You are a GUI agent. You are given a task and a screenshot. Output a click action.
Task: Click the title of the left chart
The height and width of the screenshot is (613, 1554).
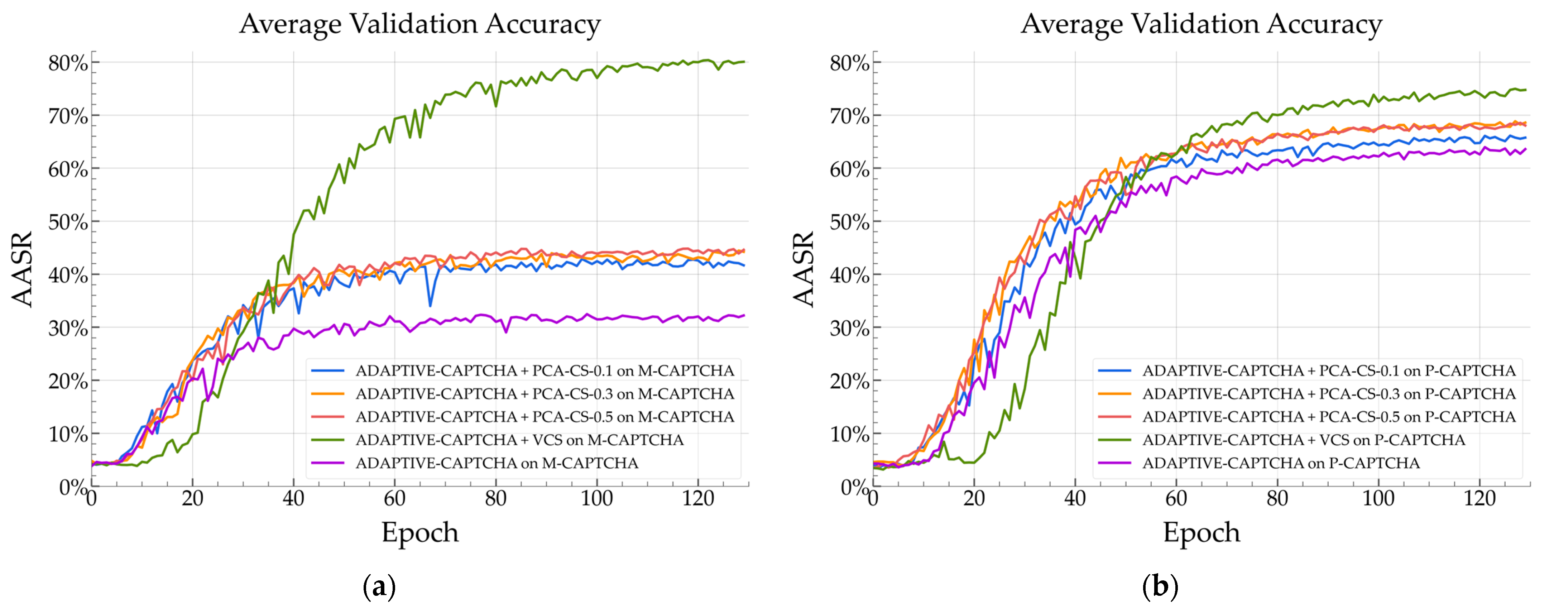[420, 24]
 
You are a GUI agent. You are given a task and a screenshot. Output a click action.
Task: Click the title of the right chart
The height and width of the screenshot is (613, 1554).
[1201, 24]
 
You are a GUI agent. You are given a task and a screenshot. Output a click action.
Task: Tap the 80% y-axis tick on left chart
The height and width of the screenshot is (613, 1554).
[68, 63]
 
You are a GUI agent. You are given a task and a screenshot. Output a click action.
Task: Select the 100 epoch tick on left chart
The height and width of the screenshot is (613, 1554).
[596, 498]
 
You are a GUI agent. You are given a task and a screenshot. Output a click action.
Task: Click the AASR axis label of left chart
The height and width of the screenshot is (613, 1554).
[22, 269]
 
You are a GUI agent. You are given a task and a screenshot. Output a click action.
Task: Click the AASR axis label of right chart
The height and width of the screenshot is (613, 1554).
[804, 269]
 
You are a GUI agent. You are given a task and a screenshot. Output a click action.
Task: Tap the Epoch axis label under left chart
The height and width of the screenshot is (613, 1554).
[420, 532]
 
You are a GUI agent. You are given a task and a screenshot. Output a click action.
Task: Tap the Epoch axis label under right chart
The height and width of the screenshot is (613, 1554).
[1201, 532]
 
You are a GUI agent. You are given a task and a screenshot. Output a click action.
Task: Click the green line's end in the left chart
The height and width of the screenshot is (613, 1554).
[744, 62]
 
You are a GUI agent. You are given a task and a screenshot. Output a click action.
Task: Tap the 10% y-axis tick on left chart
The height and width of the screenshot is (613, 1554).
[68, 434]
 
